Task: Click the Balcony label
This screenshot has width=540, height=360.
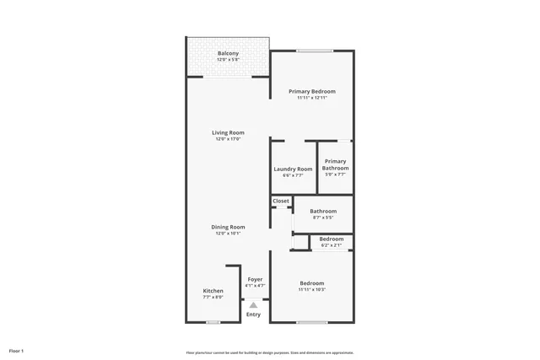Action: point(228,53)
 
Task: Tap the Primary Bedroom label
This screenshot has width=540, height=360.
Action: point(312,91)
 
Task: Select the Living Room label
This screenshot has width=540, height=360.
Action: point(228,132)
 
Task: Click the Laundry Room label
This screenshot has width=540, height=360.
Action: point(293,169)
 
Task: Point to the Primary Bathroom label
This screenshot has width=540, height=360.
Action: point(335,164)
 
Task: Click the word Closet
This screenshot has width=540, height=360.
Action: point(281,201)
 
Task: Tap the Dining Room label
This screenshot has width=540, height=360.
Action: point(228,226)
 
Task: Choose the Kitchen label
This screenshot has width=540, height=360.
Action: point(213,291)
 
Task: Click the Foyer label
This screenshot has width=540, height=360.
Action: point(255,279)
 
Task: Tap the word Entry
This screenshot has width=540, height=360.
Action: point(253,314)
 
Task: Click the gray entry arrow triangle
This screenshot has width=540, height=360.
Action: point(253,305)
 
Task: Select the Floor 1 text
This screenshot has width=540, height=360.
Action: point(17,350)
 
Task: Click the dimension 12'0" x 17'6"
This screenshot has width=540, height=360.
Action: point(228,139)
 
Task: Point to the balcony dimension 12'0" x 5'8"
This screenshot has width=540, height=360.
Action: point(228,60)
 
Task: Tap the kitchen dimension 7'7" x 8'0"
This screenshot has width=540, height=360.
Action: point(213,297)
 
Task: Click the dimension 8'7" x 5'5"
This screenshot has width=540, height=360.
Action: point(323,218)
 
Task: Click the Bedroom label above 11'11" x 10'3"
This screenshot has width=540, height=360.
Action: point(312,283)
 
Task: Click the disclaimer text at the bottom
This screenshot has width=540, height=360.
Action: point(269,352)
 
